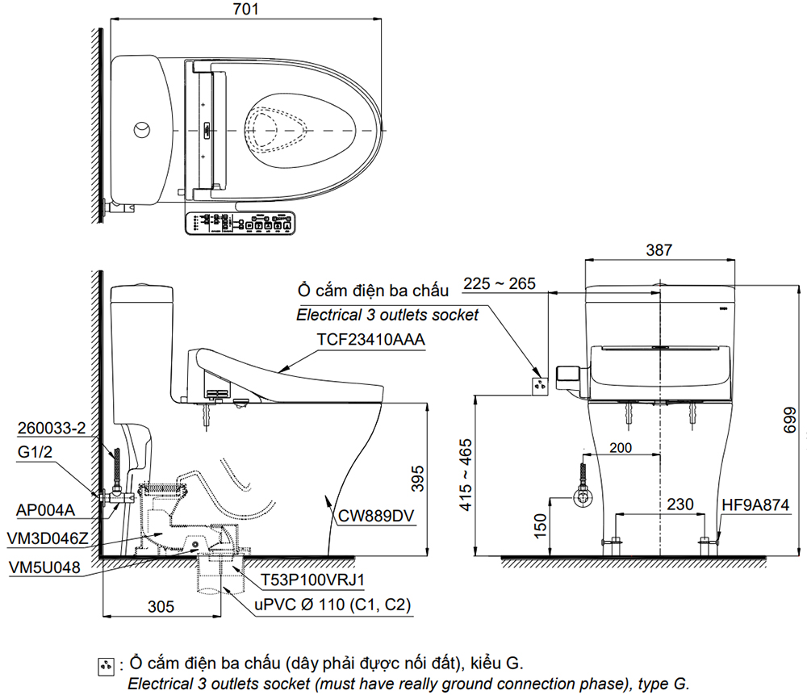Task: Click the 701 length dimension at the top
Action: [x=245, y=9]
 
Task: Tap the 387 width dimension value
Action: [x=659, y=250]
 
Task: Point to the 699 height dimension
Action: [x=789, y=420]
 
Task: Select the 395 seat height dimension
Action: [x=418, y=478]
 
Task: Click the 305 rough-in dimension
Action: [x=161, y=606]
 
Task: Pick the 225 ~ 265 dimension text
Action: [x=500, y=283]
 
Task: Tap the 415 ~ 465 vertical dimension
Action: [x=466, y=475]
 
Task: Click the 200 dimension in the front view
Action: [x=621, y=447]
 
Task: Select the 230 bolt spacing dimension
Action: [x=680, y=504]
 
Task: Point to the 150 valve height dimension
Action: [x=541, y=525]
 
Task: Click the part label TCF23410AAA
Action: [x=370, y=340]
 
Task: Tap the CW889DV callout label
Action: [x=376, y=516]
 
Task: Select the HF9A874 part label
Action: [x=755, y=505]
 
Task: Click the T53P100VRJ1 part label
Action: [x=312, y=580]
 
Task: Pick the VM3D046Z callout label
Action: [x=48, y=538]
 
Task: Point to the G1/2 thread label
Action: [x=35, y=452]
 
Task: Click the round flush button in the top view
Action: [x=143, y=130]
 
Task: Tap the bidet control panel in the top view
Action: [x=240, y=224]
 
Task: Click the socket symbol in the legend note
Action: [x=106, y=667]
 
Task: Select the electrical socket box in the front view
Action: [x=540, y=386]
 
